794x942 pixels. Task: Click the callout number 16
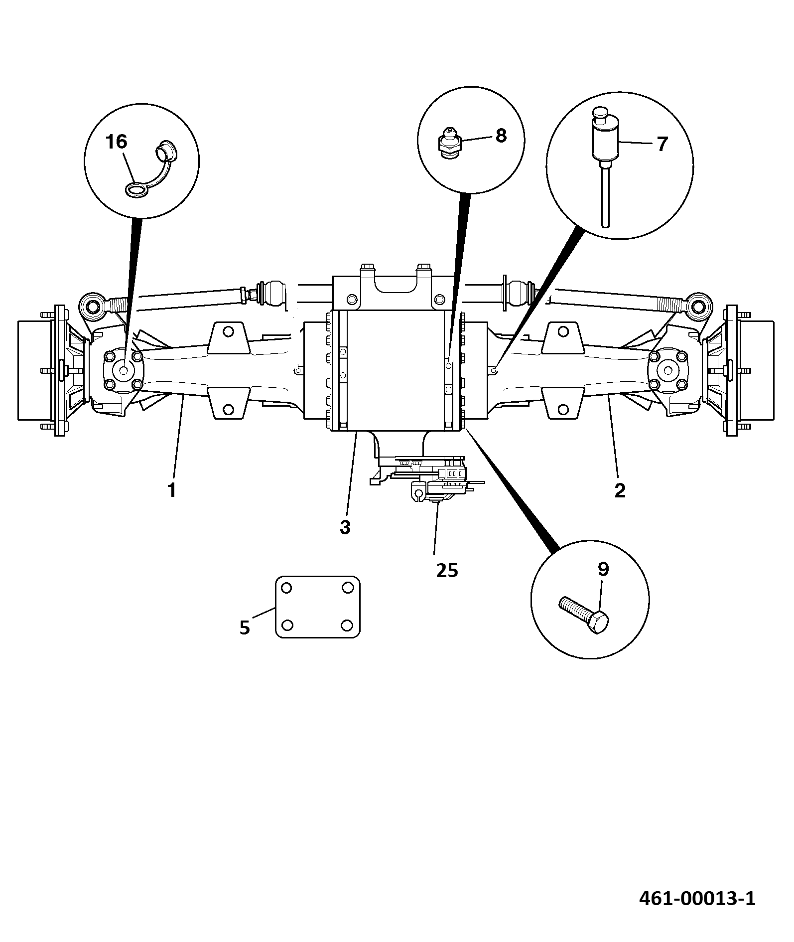tap(117, 142)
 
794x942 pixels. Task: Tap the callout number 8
tap(501, 135)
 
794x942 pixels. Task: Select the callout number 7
tap(662, 144)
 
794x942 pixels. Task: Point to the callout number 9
tap(603, 569)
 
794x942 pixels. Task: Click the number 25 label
tap(447, 570)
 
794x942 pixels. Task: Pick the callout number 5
tap(244, 628)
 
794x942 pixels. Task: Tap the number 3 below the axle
tap(345, 527)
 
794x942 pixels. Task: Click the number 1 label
tap(172, 490)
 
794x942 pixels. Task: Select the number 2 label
tap(620, 490)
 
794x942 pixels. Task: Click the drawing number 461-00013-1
tap(697, 899)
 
